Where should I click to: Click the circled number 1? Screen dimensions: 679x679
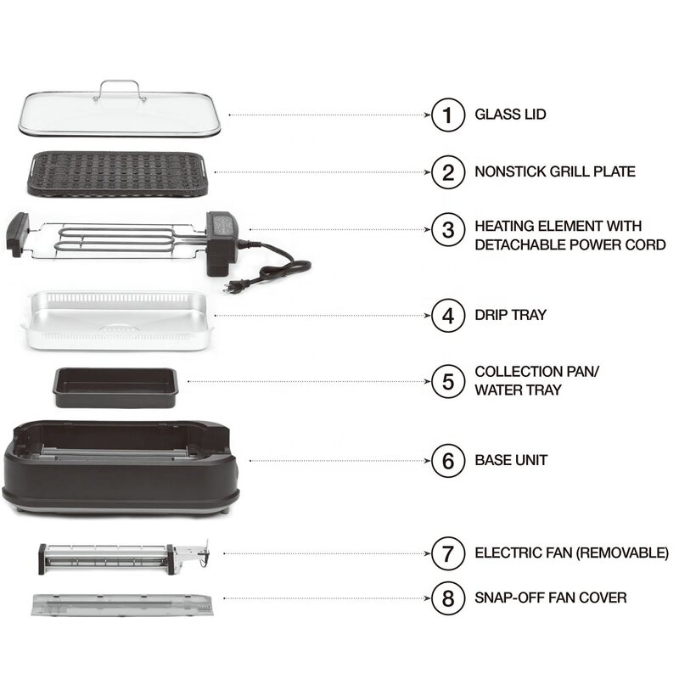(x=448, y=114)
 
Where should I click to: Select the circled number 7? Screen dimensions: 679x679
(x=448, y=553)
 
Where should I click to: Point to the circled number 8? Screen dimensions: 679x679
(x=448, y=598)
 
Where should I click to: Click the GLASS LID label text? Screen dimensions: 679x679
(x=510, y=114)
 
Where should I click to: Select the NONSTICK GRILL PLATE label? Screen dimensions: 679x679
(x=555, y=171)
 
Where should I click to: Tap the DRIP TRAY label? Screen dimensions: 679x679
(x=511, y=315)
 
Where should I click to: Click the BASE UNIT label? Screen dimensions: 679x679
(x=511, y=460)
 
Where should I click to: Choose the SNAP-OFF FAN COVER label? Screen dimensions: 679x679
(x=551, y=598)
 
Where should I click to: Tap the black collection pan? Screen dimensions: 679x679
(x=115, y=386)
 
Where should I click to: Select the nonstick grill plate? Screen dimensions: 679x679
(x=119, y=173)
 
